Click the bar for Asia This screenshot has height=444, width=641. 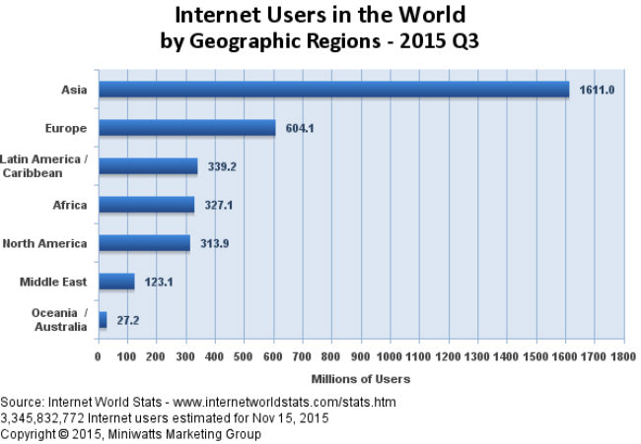tap(333, 90)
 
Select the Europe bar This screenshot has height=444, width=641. tap(186, 128)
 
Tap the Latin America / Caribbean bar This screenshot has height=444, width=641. tap(148, 166)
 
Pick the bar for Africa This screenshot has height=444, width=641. tap(146, 205)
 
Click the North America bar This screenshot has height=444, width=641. tap(144, 243)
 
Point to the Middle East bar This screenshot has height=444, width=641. tap(116, 282)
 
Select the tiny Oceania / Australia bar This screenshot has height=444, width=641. tap(103, 320)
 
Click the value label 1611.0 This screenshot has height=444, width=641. tap(597, 90)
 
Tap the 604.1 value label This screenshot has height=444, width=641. tap(299, 128)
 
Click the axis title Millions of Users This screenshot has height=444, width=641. tap(360, 378)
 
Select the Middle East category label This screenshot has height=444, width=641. tap(53, 283)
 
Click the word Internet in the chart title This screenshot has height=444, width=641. tap(219, 17)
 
